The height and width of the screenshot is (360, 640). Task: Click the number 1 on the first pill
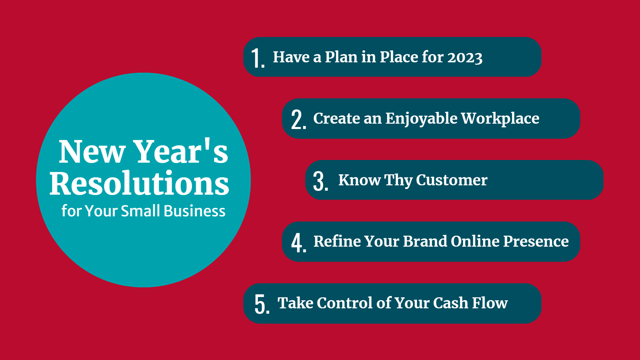pyautogui.click(x=256, y=58)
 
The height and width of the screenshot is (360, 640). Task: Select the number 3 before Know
pyautogui.click(x=318, y=181)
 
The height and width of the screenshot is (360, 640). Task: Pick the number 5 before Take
pyautogui.click(x=260, y=304)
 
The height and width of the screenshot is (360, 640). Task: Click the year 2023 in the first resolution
pyautogui.click(x=465, y=57)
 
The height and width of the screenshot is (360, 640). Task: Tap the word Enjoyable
pyautogui.click(x=422, y=119)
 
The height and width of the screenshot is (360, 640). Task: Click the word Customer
pyautogui.click(x=452, y=180)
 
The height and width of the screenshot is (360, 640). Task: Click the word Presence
pyautogui.click(x=536, y=241)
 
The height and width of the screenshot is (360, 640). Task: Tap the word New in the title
pyautogui.click(x=92, y=152)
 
